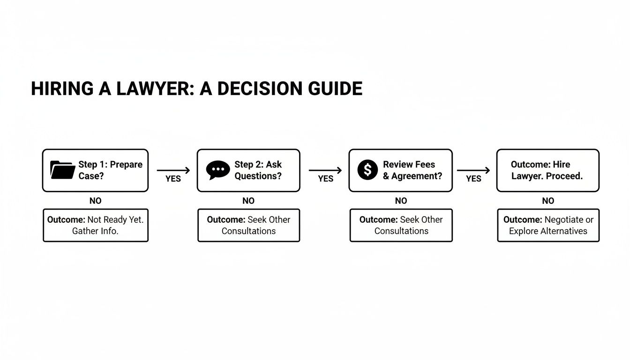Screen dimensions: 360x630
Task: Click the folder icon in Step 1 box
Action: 62,170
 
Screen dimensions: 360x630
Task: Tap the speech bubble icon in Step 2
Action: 218,170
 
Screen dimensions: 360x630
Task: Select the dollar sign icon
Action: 367,170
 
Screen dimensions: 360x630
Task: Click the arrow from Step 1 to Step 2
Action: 173,171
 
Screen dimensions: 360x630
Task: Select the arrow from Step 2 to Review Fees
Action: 325,171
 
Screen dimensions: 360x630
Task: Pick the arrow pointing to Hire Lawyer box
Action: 473,171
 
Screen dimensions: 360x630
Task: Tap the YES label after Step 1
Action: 173,179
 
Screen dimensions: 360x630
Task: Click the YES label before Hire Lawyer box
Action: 473,179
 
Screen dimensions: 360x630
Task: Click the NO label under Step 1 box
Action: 95,201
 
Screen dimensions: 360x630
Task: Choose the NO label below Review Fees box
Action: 401,201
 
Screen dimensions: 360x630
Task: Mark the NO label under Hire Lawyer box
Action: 548,201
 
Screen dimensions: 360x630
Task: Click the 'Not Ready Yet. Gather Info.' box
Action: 96,225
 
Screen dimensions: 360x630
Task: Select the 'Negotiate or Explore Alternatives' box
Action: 548,225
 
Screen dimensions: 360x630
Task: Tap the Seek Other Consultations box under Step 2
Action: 248,225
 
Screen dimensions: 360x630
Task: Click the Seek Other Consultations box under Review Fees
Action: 401,225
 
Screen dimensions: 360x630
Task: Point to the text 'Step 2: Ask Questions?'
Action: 258,170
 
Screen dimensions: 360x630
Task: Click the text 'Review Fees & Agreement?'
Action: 412,170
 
